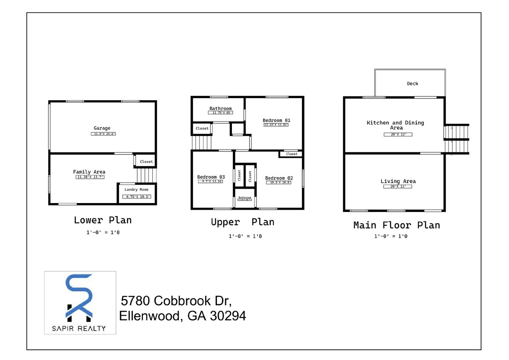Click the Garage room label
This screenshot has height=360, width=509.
[x=102, y=128]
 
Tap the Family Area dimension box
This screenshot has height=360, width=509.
[x=90, y=177]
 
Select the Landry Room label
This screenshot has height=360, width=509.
[x=136, y=189]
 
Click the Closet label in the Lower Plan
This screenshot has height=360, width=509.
[x=146, y=162]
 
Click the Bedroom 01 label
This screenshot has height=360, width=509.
[x=276, y=120]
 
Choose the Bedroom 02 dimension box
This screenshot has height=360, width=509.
[x=279, y=183]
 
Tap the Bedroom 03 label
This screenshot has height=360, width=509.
[x=211, y=177]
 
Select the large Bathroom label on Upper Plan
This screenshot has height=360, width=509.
[x=220, y=108]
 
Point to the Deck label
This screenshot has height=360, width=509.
[x=412, y=84]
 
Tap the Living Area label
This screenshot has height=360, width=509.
[x=398, y=181]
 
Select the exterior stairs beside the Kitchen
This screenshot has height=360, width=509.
[x=457, y=139]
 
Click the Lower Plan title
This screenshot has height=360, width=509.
[x=103, y=220]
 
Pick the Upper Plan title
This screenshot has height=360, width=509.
[x=243, y=222]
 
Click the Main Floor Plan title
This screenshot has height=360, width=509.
[x=396, y=225]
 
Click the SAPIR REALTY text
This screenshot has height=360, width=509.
[x=80, y=328]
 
